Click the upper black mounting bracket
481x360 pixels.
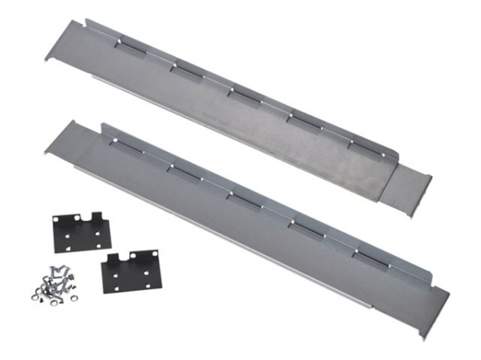(x=80, y=233)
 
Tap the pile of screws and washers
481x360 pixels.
(x=54, y=285)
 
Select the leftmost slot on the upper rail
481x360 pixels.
(x=127, y=46)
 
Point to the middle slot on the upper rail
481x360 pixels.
(x=244, y=94)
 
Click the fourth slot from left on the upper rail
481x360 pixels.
(x=303, y=119)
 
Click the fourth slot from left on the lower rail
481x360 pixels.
(x=305, y=226)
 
